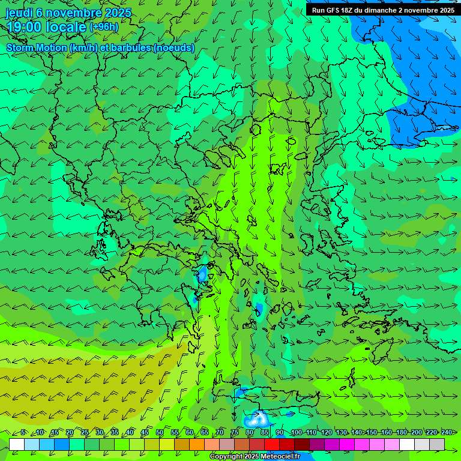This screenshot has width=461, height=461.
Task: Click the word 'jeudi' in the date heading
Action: coord(19,13)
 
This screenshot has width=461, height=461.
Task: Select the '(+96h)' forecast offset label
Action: coord(104,27)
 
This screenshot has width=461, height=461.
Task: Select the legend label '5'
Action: coord(23,433)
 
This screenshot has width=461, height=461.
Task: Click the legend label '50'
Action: coord(160,433)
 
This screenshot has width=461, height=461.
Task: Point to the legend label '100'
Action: coord(296,433)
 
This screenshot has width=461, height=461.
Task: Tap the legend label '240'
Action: coord(447,433)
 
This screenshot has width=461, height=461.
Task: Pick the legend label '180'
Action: coord(401,433)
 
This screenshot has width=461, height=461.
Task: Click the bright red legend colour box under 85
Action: coord(272,444)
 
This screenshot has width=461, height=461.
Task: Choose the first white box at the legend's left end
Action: coord(17,444)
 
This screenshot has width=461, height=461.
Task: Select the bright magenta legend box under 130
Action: coord(347,444)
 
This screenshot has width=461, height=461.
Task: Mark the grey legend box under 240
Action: coord(437,444)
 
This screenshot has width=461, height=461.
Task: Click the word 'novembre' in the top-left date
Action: coord(74,13)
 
